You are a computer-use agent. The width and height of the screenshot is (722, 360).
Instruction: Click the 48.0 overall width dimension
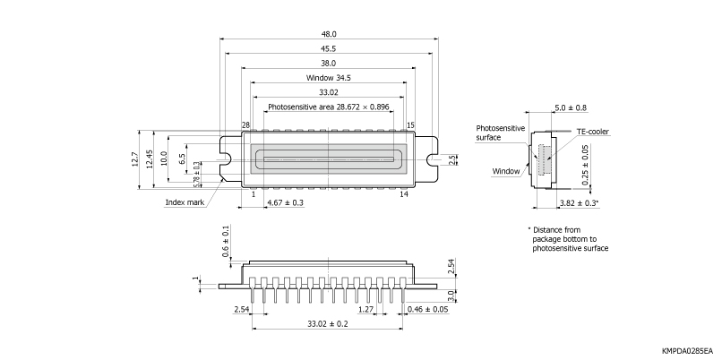click(x=329, y=33)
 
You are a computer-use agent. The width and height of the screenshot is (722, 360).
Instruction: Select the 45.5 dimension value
click(x=329, y=48)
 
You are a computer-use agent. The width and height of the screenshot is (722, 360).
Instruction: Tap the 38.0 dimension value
click(x=329, y=63)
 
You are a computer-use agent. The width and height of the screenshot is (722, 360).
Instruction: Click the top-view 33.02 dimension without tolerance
click(x=329, y=92)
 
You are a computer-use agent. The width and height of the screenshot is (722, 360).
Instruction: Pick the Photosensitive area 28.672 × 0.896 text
click(x=329, y=107)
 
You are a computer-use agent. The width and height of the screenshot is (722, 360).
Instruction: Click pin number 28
click(x=245, y=125)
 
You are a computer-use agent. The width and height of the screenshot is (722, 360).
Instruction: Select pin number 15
click(x=410, y=125)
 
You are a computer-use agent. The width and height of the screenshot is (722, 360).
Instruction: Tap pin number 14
click(x=404, y=193)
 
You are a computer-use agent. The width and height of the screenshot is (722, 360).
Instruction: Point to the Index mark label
click(x=185, y=202)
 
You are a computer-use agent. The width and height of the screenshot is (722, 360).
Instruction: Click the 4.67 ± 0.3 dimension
click(x=286, y=203)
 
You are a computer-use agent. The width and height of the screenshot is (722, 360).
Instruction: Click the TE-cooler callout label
click(x=593, y=132)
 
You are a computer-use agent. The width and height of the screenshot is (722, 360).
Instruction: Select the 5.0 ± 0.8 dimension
click(x=571, y=107)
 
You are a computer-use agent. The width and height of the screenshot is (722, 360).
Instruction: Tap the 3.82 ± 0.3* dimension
click(x=579, y=204)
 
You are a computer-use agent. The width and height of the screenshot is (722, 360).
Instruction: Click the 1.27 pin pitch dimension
click(x=365, y=310)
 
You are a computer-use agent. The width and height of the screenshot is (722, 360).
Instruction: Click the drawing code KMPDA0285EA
click(x=686, y=351)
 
